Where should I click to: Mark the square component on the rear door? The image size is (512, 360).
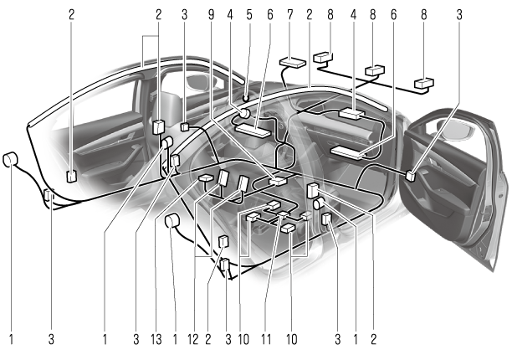pyautogui.click(x=71, y=177)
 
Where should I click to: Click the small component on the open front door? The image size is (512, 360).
pyautogui.click(x=411, y=176)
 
